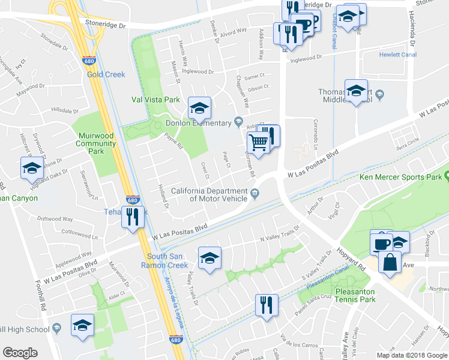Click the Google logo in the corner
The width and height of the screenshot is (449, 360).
(x=20, y=352)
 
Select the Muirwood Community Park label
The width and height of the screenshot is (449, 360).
(x=96, y=140)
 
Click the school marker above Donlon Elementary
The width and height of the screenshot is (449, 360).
(x=199, y=108)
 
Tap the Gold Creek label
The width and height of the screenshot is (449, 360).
(x=106, y=74)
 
